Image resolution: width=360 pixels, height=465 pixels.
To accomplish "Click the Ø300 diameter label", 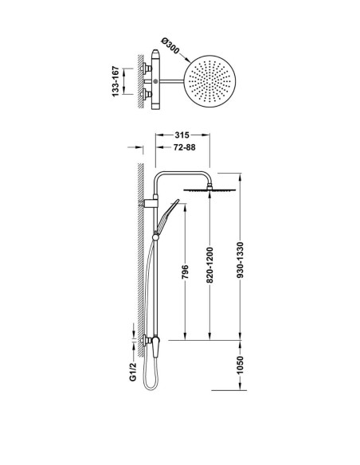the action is pyautogui.click(x=170, y=46).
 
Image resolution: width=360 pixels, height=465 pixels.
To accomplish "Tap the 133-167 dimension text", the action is pyautogui.click(x=115, y=81).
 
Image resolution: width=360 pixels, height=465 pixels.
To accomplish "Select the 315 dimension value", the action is pyautogui.click(x=182, y=135).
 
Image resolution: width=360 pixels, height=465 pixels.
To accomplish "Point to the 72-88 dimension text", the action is pyautogui.click(x=184, y=147).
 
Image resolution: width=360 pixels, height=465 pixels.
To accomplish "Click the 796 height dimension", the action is pyautogui.click(x=185, y=272).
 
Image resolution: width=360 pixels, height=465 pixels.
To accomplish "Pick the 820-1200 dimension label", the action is pyautogui.click(x=209, y=265).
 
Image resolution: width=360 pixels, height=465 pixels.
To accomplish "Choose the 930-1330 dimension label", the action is pyautogui.click(x=241, y=260).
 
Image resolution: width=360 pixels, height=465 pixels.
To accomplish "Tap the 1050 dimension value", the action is pyautogui.click(x=241, y=365).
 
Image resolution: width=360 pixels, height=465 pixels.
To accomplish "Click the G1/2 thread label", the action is pyautogui.click(x=133, y=371).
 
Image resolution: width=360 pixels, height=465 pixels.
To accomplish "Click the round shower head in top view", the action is pyautogui.click(x=210, y=81).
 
